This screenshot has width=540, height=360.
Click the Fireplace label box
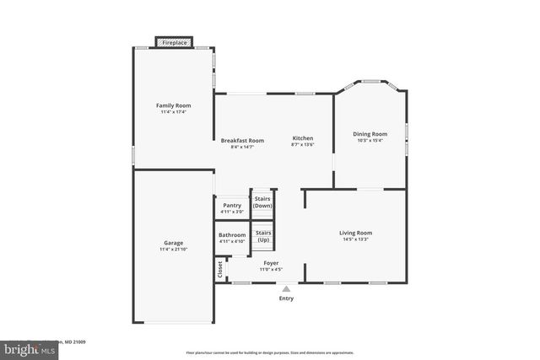point(175,41)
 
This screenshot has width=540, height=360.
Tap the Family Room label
point(174,105)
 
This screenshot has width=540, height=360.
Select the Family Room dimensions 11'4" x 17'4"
point(174,112)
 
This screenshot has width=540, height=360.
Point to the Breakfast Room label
point(242,140)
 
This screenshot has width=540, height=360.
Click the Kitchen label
point(303,137)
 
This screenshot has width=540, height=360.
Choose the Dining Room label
point(370,133)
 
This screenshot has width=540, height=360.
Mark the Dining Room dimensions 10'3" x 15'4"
point(370,141)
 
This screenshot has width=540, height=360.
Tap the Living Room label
point(355,232)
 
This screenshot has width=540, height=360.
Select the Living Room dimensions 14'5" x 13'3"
point(355,239)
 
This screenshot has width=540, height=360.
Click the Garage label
point(174,242)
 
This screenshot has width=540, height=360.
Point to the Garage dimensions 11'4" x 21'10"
point(174,250)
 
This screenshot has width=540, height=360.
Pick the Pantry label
point(232,205)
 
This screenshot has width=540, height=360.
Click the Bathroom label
point(232,234)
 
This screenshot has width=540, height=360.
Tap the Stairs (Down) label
point(263,202)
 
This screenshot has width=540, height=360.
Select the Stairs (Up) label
point(263,235)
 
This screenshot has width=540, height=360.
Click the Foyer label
point(271,263)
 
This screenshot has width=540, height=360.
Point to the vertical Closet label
point(220,269)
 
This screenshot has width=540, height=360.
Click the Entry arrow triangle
point(286,288)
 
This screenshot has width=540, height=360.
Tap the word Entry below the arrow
point(286,298)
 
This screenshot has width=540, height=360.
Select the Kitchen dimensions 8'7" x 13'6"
point(303,145)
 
